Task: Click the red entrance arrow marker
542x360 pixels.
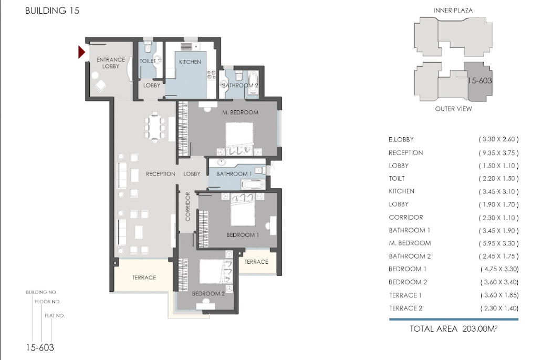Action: [x=81, y=52]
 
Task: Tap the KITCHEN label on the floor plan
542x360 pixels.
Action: [x=190, y=62]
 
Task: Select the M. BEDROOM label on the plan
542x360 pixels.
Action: [x=240, y=112]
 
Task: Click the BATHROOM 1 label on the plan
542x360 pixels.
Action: [x=234, y=174]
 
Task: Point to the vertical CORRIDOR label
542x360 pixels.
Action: [x=187, y=207]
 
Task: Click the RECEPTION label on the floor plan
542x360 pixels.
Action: [x=160, y=174]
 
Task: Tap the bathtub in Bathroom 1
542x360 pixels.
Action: [x=253, y=183]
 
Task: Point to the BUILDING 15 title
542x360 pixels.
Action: [x=52, y=11]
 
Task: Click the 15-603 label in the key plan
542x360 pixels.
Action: [x=480, y=80]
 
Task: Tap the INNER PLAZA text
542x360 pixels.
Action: [x=453, y=11]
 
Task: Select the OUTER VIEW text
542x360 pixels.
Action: [x=453, y=109]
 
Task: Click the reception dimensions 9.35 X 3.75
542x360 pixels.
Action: [x=499, y=153]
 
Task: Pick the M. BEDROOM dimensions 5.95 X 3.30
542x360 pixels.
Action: [x=499, y=243]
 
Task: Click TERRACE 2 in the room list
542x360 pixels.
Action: [x=405, y=308]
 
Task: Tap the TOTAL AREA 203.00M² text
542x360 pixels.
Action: [x=454, y=329]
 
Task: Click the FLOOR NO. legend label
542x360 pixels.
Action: [x=48, y=302]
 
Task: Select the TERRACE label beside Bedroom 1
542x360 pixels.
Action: [x=256, y=262]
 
